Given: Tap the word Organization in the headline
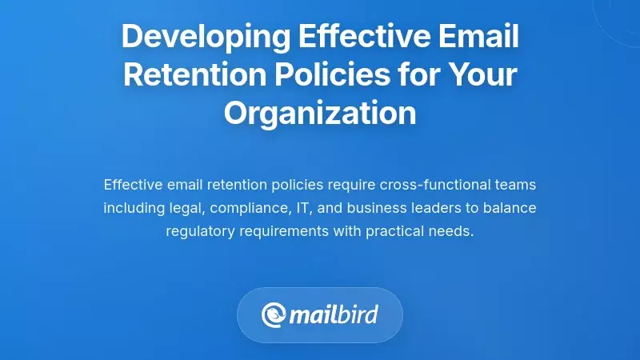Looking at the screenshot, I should (320, 113).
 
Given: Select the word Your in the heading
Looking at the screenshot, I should (476, 74).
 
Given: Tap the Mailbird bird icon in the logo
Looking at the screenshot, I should (274, 314).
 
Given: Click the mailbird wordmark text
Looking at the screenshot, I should (335, 314).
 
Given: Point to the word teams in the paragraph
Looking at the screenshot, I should (514, 185).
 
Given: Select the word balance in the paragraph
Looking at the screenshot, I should (510, 208).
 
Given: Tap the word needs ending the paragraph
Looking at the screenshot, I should (454, 231).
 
